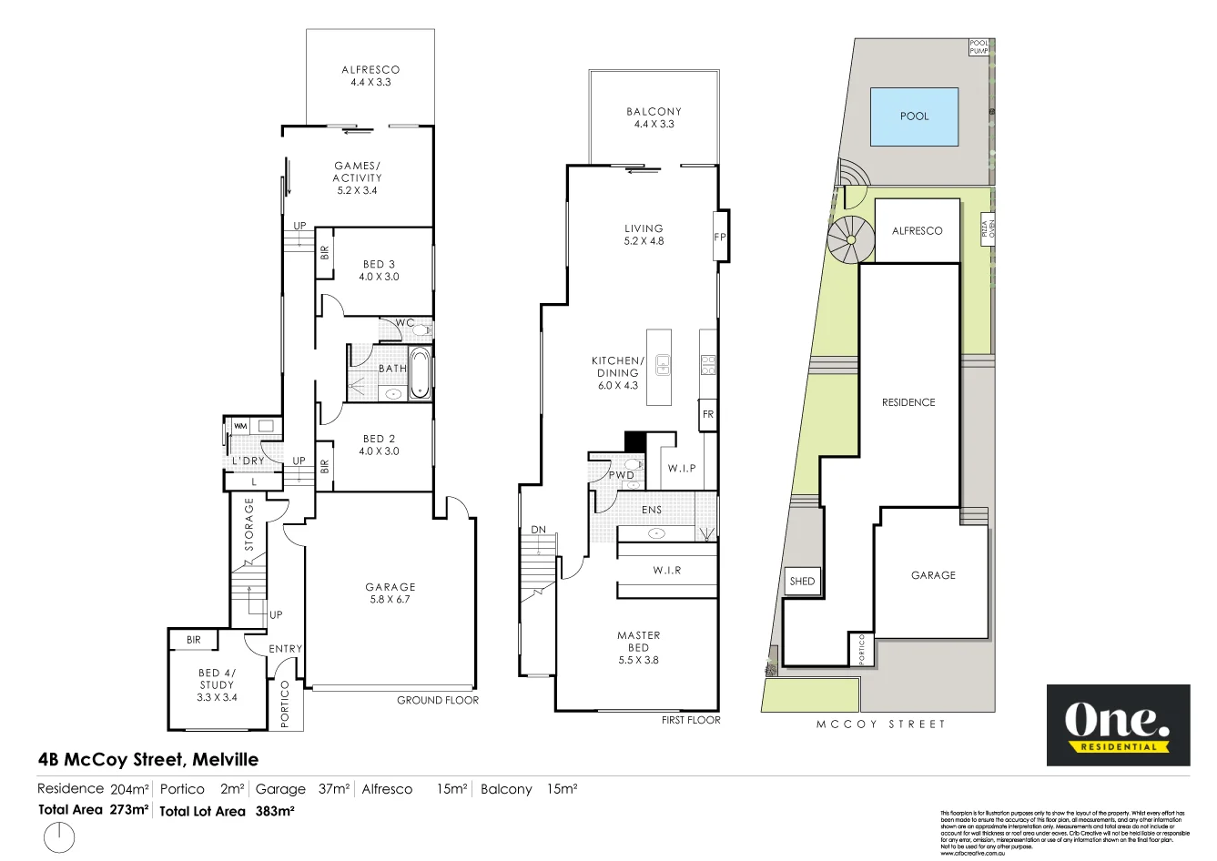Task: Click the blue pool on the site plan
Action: tap(914, 116)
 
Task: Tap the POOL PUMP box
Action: tap(979, 47)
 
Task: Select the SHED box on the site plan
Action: tap(802, 582)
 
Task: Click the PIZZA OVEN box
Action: tap(987, 227)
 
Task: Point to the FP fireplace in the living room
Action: tap(719, 237)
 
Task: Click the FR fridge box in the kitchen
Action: tap(707, 415)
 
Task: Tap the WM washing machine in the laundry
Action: tap(240, 426)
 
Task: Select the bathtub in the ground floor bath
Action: tap(420, 372)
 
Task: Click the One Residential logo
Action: tap(1118, 725)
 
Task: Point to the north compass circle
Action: tap(59, 836)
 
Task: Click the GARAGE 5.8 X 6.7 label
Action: tap(390, 593)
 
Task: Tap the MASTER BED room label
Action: tap(638, 647)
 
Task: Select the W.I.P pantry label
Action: tap(681, 469)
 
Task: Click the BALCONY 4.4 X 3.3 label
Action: tap(654, 117)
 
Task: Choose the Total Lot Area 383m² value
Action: tap(274, 811)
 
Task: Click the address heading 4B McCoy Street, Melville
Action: tap(148, 760)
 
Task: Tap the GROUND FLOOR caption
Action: tap(437, 700)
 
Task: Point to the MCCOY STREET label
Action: tap(880, 724)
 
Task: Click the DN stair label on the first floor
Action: tap(538, 530)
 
